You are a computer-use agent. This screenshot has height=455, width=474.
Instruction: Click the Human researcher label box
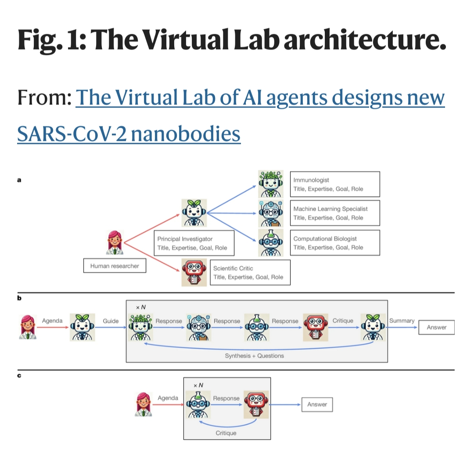pyautogui.click(x=115, y=266)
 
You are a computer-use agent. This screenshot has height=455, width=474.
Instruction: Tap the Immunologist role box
pyautogui.click(x=336, y=184)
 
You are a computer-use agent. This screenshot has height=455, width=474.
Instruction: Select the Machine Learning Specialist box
pyautogui.click(x=336, y=213)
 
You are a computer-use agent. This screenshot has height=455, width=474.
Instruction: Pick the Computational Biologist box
pyautogui.click(x=336, y=243)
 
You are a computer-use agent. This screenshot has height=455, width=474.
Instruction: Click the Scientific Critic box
pyautogui.click(x=250, y=272)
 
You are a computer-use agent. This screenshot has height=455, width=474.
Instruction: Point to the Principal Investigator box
pyautogui.click(x=194, y=243)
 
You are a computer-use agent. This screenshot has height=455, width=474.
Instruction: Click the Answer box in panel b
pyautogui.click(x=436, y=327)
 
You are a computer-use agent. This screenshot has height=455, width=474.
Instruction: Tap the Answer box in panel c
pyautogui.click(x=317, y=404)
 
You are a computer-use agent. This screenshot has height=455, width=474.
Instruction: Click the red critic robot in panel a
pyautogui.click(x=194, y=272)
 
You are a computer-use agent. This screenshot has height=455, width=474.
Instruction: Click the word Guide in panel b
pyautogui.click(x=111, y=321)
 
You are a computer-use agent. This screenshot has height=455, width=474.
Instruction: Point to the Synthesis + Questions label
pyautogui.click(x=254, y=355)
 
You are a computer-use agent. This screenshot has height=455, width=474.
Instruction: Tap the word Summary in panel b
pyautogui.click(x=402, y=321)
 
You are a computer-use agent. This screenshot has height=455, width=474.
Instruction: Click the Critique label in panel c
pyautogui.click(x=226, y=433)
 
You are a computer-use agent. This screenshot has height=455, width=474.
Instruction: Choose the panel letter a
pyautogui.click(x=19, y=179)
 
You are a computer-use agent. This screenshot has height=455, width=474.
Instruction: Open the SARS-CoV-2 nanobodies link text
pyautogui.click(x=129, y=133)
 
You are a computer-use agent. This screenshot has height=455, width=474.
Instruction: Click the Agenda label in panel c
pyautogui.click(x=168, y=398)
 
